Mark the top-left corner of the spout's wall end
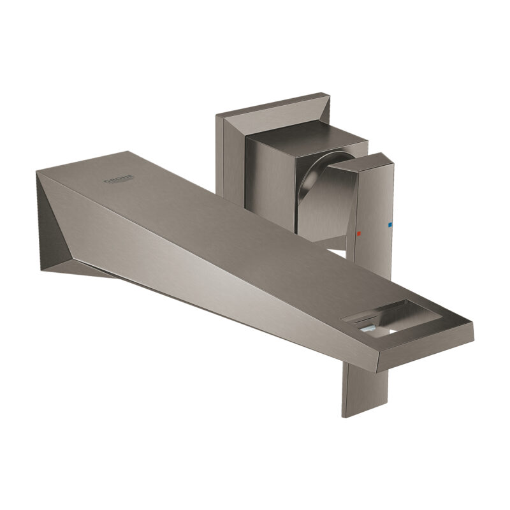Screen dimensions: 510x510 click(36, 171)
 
